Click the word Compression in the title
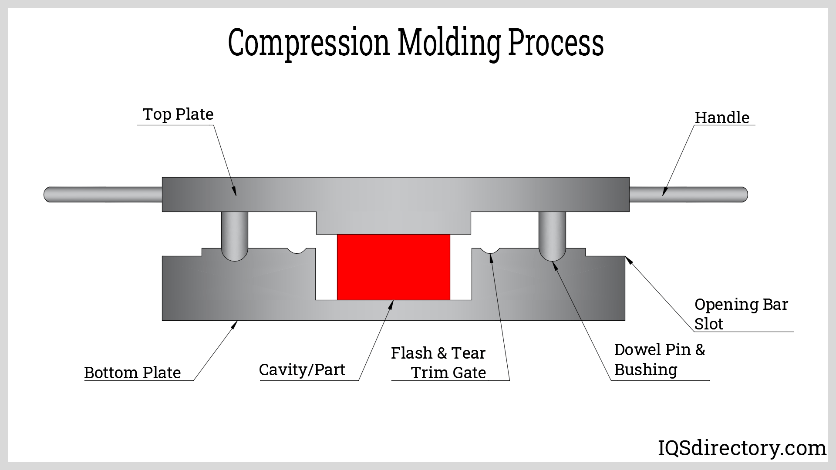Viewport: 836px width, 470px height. click(308, 43)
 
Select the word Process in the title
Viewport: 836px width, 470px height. click(556, 43)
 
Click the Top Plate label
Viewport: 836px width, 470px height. click(178, 114)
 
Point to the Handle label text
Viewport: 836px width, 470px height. click(722, 117)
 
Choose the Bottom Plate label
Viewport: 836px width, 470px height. click(132, 373)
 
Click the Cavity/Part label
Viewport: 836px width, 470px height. click(302, 370)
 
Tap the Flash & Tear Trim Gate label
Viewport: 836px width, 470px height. click(439, 363)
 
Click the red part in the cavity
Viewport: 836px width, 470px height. click(394, 267)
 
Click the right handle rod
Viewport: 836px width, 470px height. click(688, 194)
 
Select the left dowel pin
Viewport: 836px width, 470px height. click(235, 235)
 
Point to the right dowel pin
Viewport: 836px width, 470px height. click(552, 235)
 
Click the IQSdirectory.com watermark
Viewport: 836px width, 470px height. click(742, 448)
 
